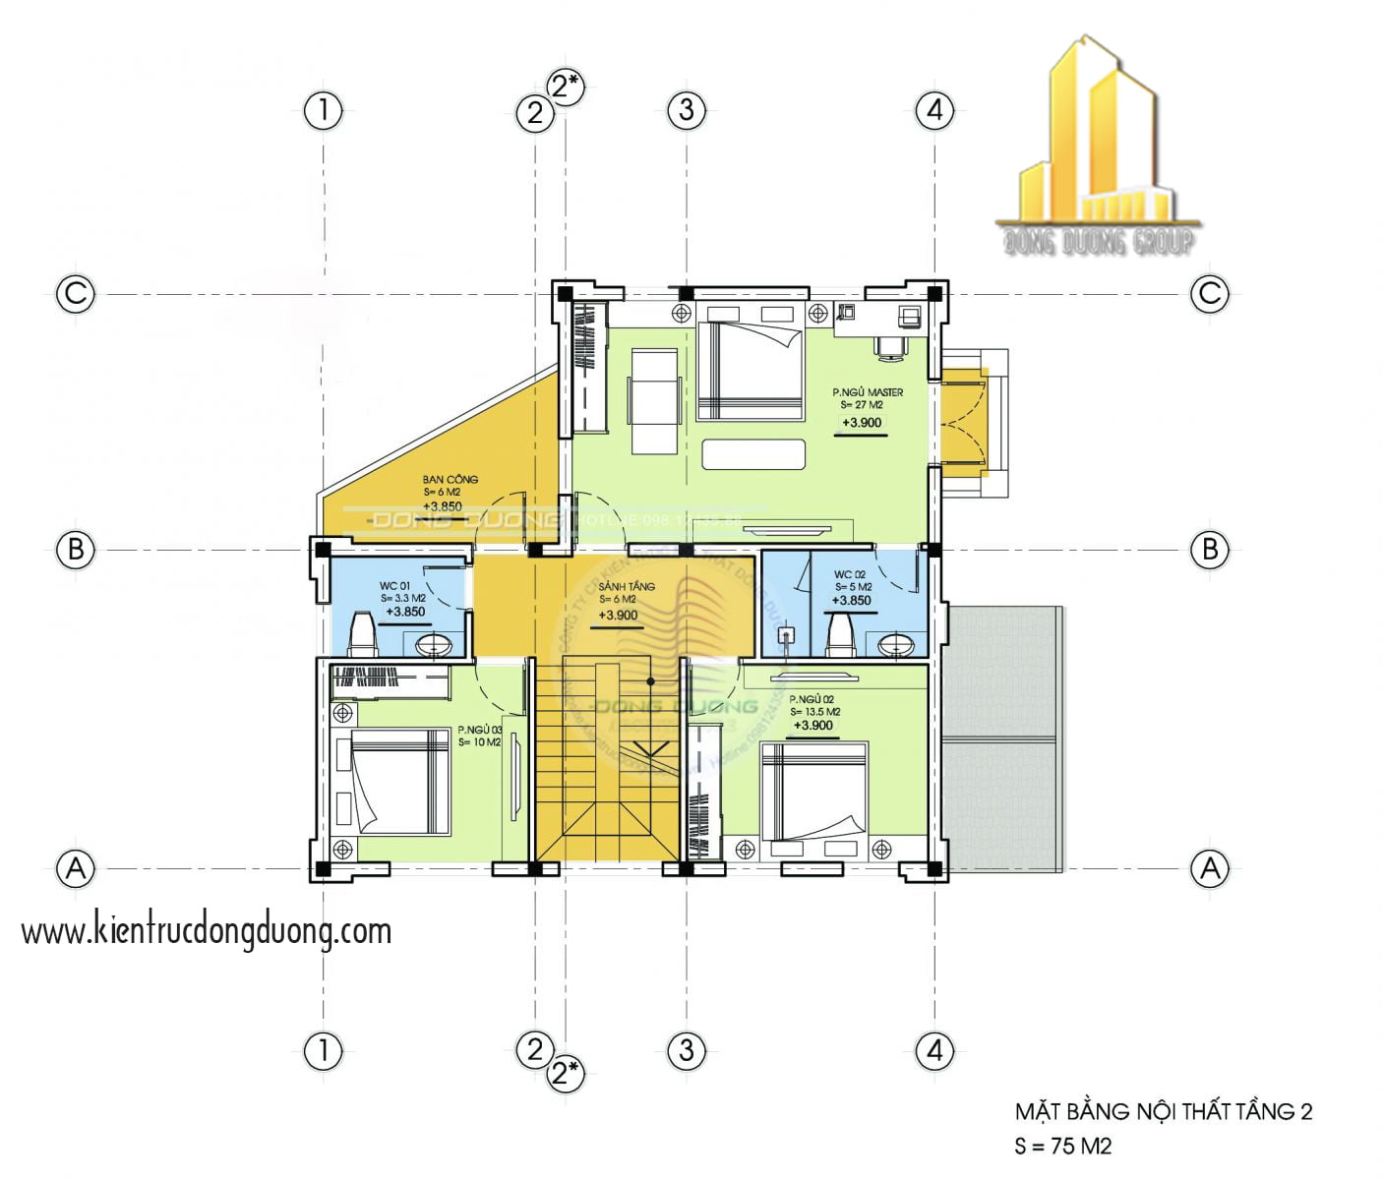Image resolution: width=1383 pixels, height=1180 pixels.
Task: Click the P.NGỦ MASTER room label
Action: (x=867, y=392)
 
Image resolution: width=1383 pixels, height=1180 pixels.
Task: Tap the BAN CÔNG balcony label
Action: (x=450, y=480)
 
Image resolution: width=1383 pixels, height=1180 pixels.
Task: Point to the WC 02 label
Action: (x=849, y=575)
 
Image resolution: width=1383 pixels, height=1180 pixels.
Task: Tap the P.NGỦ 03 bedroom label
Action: (x=479, y=731)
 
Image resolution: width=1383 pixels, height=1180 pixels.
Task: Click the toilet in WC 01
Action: (x=362, y=634)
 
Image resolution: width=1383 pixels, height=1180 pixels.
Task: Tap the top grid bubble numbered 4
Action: (x=934, y=109)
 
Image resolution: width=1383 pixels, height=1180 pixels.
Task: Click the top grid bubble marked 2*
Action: (x=566, y=87)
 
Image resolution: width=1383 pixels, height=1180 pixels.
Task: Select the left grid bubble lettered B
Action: (x=76, y=549)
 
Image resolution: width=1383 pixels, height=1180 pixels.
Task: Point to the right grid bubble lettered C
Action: (x=1209, y=293)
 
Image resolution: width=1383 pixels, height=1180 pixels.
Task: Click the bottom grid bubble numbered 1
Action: (x=323, y=1051)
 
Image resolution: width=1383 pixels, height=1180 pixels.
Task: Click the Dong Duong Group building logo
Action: (x=1097, y=147)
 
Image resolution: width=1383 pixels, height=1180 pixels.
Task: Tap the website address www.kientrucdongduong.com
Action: (x=207, y=931)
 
